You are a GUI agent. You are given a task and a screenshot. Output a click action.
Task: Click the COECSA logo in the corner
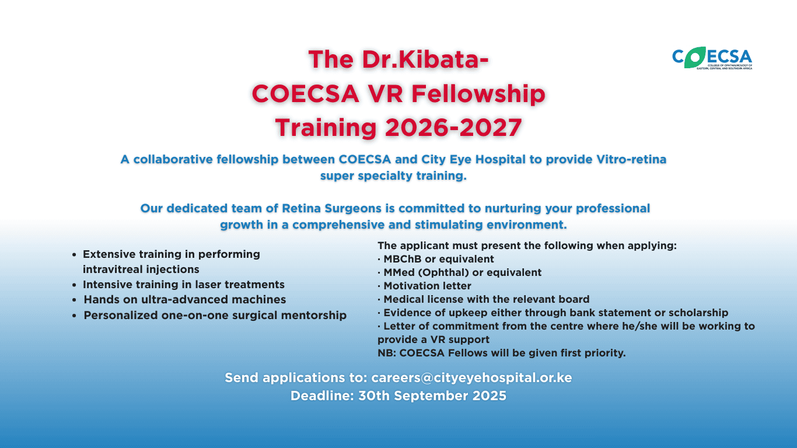point(712,58)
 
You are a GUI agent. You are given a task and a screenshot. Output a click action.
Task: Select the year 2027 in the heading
point(491,127)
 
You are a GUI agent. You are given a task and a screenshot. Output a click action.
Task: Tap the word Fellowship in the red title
point(478,94)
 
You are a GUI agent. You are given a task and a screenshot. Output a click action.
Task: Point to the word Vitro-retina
point(631,159)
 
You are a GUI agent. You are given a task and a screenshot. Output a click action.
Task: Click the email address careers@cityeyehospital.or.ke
point(471,377)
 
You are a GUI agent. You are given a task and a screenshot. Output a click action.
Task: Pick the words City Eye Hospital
point(473,159)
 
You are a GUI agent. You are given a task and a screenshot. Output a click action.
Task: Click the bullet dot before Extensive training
point(74,255)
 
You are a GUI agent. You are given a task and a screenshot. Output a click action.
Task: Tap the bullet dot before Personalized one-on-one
point(74,316)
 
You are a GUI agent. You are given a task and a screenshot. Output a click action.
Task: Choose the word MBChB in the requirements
point(403,259)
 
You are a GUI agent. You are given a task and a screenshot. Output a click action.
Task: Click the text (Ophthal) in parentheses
point(443,272)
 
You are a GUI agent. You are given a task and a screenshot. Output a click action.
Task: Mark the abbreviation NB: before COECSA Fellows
point(387,353)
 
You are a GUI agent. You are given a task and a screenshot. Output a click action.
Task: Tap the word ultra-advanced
point(184,300)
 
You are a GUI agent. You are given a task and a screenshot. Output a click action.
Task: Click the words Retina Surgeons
point(331,208)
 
